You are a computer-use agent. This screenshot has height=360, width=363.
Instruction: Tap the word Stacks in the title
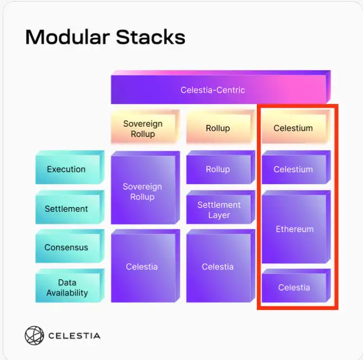[153, 37]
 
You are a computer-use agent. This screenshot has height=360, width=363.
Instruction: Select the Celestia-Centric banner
[213, 90]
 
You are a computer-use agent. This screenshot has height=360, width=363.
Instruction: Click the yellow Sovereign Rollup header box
[143, 129]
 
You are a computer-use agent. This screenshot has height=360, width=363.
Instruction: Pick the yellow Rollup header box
[218, 128]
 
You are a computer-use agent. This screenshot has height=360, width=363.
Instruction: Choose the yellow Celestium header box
[293, 128]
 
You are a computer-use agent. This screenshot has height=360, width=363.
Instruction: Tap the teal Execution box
[67, 169]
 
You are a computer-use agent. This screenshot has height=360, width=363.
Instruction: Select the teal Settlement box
[67, 209]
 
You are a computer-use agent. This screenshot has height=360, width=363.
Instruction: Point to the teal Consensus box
[67, 248]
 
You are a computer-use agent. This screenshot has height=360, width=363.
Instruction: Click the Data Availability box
[67, 288]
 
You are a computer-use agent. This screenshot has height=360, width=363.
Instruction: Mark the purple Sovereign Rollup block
[142, 192]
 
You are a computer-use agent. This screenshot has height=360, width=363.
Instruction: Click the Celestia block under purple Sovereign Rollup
[142, 267]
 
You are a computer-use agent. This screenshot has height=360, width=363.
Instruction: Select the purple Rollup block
[218, 169]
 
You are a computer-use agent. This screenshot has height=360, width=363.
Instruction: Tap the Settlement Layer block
[219, 210]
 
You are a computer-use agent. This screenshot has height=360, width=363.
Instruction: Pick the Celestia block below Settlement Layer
[218, 267]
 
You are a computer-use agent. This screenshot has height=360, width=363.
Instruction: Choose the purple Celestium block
[293, 169]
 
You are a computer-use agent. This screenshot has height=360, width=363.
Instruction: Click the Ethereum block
[294, 229]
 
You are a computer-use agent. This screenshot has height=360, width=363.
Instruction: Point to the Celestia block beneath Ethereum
[294, 288]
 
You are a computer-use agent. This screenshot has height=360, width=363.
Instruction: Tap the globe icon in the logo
[34, 335]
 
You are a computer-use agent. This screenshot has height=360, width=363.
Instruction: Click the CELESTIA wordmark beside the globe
[74, 336]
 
